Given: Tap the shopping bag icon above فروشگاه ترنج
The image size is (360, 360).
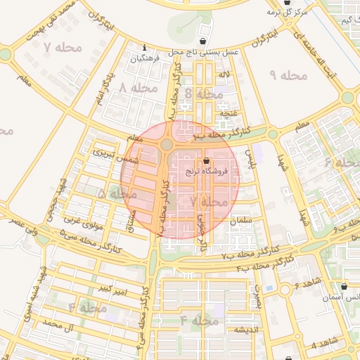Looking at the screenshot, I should tap(205, 162).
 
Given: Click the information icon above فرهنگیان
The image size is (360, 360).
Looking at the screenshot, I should tap(144, 47).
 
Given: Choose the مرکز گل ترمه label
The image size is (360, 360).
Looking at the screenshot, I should tap(287, 12).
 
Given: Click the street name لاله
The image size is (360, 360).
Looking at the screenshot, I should tap(224, 75).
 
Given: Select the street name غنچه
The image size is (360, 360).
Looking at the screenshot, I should tap(229, 112).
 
